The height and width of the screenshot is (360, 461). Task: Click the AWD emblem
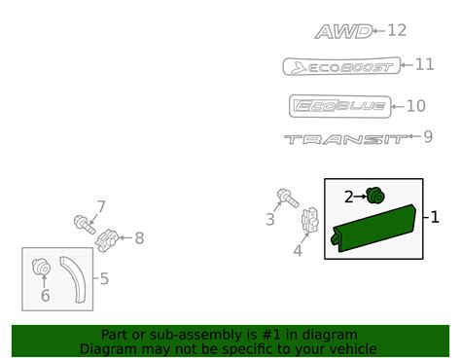coord(343,32)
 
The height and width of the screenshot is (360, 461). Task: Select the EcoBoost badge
coord(341,66)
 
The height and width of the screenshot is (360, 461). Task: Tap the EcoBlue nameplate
coord(340,106)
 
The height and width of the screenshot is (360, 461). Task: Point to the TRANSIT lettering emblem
coord(345,139)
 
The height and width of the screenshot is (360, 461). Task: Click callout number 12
coord(397,30)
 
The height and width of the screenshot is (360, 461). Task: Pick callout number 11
coord(424,64)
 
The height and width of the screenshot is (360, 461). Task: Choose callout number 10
coord(416,106)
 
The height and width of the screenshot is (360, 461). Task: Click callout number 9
coord(428,137)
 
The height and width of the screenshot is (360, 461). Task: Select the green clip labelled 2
coord(375,196)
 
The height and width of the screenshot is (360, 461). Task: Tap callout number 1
coord(435,217)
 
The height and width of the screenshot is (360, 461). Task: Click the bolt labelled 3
coord(288,198)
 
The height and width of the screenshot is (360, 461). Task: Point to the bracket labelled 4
coord(310,220)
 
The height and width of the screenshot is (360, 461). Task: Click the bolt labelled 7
coord(85,224)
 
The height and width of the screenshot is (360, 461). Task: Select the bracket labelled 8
coord(107,240)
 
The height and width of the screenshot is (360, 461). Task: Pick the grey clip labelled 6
coord(42,267)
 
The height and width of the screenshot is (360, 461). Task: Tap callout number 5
coord(104,278)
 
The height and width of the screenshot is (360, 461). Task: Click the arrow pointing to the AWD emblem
coord(378,31)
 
